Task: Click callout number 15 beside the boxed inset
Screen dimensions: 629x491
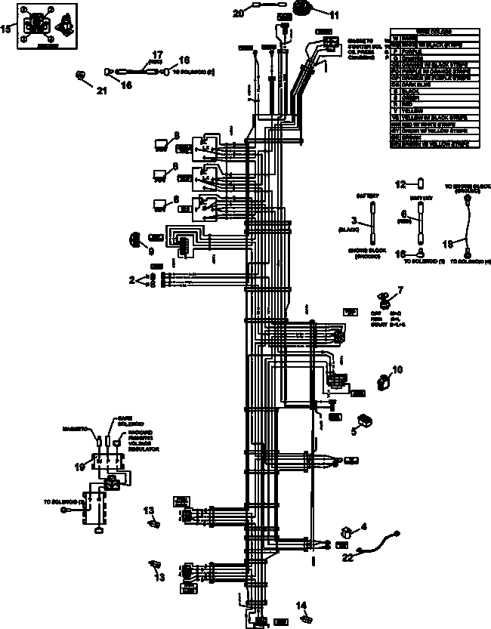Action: tap(7, 29)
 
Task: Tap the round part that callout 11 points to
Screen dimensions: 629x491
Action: tap(304, 10)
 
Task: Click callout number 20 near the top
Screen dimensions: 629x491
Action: tap(238, 13)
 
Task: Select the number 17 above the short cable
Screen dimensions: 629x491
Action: tap(157, 54)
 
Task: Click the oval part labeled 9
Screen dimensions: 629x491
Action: tap(136, 240)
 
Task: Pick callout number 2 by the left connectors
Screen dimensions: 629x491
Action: tap(131, 279)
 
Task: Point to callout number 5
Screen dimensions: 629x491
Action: tap(353, 432)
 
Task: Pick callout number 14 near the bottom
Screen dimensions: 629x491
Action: tap(301, 605)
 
